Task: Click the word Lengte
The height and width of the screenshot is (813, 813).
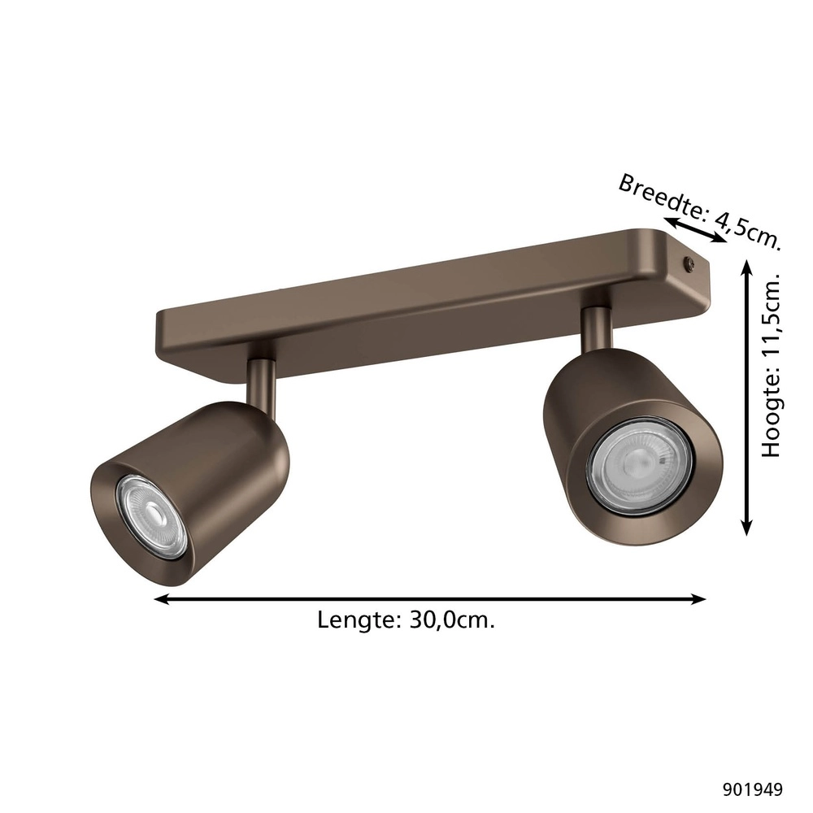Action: [x=354, y=620]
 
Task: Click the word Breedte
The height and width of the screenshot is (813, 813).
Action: [x=659, y=196]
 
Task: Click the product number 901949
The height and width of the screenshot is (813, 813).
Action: [x=752, y=788]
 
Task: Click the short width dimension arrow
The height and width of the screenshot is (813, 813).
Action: [x=694, y=230]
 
